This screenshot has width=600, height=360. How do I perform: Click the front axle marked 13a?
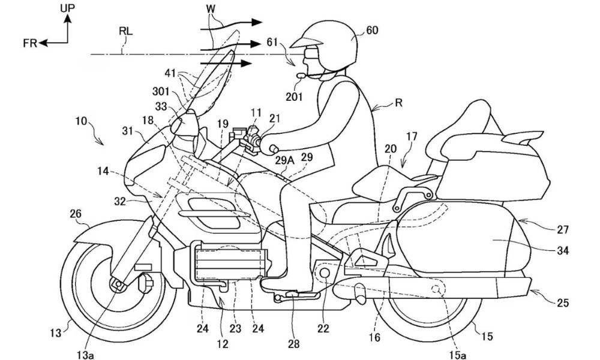116,283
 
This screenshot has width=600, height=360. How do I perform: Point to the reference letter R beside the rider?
398,103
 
